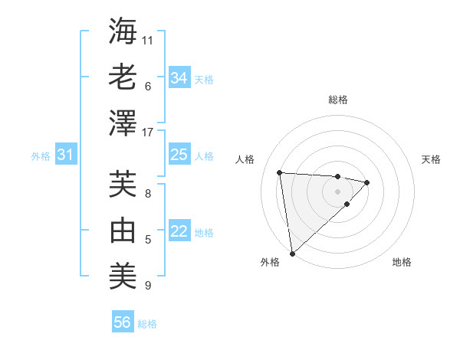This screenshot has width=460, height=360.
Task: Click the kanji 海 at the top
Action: (x=123, y=31)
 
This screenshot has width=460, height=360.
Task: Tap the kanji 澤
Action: (x=123, y=123)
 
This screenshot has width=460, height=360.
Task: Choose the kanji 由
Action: (x=123, y=230)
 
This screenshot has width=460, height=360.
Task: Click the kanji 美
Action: (x=123, y=276)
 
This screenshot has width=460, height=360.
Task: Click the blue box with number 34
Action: (x=179, y=78)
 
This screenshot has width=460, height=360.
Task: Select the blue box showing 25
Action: (x=179, y=155)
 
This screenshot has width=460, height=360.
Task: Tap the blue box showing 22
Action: (x=179, y=231)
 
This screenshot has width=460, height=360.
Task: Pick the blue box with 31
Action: (x=65, y=155)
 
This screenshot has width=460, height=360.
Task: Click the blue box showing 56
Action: (x=122, y=322)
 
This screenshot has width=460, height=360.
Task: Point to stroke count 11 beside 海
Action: (x=148, y=39)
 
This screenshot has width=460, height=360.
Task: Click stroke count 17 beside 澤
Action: (x=148, y=133)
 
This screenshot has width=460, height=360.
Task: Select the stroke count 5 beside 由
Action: (x=148, y=240)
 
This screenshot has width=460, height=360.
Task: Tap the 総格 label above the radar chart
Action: (x=337, y=100)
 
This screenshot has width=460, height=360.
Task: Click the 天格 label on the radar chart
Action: (x=431, y=159)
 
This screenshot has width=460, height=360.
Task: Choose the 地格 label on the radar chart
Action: (x=402, y=262)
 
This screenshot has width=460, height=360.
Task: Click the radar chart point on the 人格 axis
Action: (x=280, y=172)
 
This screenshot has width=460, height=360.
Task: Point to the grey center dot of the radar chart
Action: (x=337, y=191)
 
